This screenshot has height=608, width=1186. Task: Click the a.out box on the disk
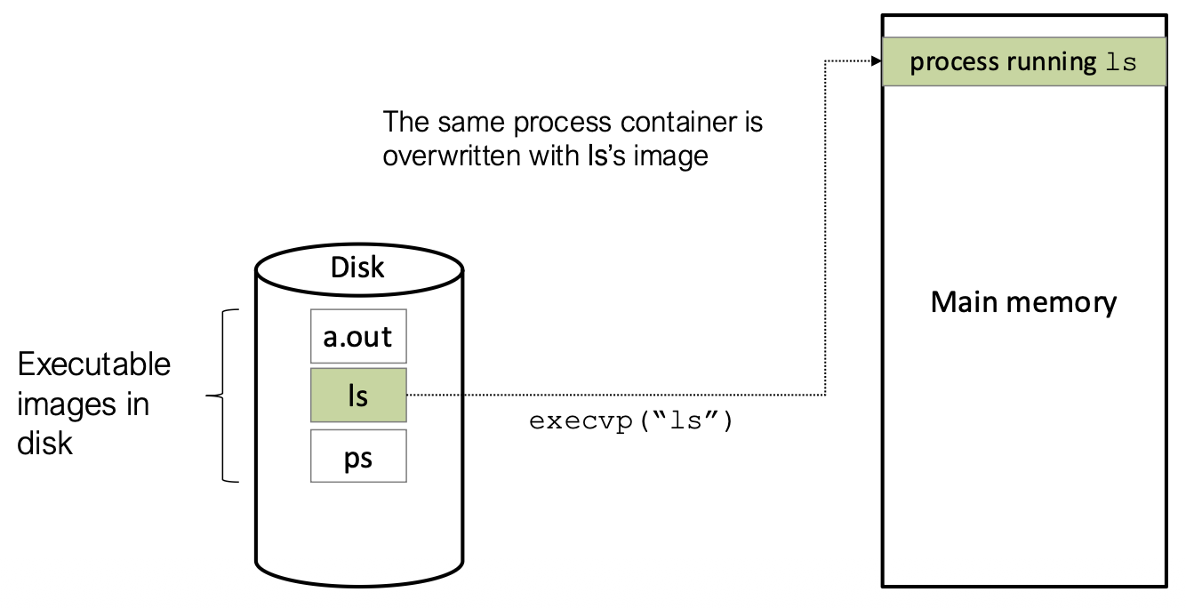(x=358, y=338)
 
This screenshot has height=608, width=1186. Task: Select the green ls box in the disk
(x=358, y=396)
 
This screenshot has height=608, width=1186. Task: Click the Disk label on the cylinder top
(x=357, y=267)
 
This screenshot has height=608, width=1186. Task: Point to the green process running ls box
(x=1023, y=62)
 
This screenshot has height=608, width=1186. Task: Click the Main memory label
(x=1023, y=302)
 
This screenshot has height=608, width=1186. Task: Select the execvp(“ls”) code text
(x=631, y=421)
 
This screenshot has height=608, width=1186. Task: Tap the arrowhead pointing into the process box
(x=875, y=61)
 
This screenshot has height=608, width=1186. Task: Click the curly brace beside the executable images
(x=219, y=396)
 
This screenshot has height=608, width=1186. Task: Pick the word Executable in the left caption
(x=94, y=364)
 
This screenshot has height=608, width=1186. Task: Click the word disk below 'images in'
(x=44, y=443)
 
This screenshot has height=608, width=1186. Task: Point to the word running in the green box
(x=1052, y=63)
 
